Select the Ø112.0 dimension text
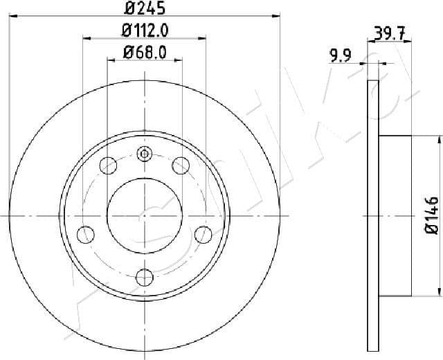pos(145,31)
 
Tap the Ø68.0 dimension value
pos(145,53)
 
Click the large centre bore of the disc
pos(144,216)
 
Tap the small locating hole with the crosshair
pos(144,154)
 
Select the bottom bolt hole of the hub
pos(144,278)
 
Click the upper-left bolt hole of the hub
pos(109,165)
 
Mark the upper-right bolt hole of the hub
pos(181,165)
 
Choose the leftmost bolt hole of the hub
pos(86,233)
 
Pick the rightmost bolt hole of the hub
pos(203,234)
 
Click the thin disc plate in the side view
pos(373,216)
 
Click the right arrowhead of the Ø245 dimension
pos(277,15)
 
